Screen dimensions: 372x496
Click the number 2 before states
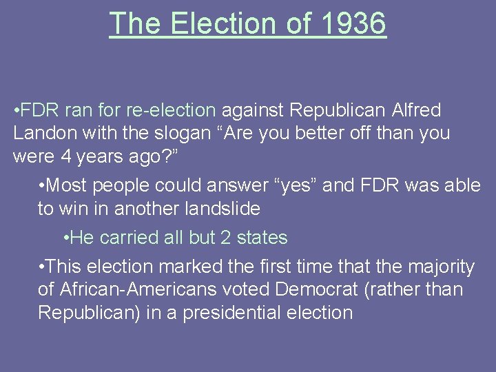[225, 238]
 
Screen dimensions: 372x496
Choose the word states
[262, 238]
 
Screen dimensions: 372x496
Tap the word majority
[437, 267]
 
